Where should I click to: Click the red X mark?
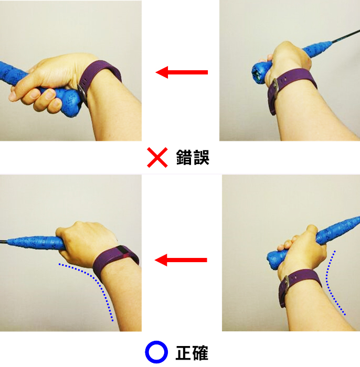tap(157, 157)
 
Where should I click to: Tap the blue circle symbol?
tap(156, 352)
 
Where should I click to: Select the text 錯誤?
tap(193, 157)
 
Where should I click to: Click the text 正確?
tap(192, 352)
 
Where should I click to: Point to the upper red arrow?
tap(182, 72)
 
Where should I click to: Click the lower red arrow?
tap(181, 260)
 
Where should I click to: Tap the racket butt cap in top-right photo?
tap(259, 72)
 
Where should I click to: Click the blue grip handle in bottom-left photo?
tap(35, 242)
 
